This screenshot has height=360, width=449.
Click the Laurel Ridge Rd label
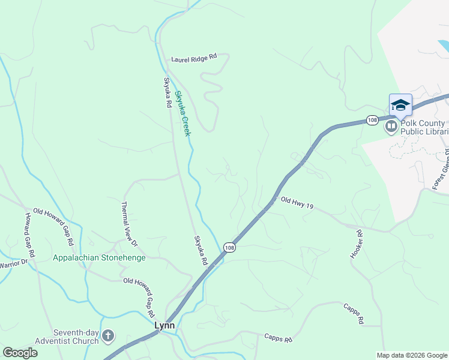pos(193,59)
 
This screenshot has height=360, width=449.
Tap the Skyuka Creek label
pos(182,113)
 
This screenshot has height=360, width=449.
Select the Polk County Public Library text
pos(424,127)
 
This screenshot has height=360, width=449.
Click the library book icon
pos(391,126)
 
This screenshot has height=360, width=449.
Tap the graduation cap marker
pos(400,106)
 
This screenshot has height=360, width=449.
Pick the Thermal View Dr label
pos(130,223)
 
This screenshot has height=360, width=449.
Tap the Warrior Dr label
pos(13,263)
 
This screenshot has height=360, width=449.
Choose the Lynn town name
pos(164,325)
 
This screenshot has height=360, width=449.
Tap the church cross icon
pos(108,336)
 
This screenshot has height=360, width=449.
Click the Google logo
pos(20,352)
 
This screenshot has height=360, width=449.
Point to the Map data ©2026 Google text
pos(411,355)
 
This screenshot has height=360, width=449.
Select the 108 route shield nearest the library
pos(372,120)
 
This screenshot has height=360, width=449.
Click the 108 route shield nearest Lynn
pos(229,247)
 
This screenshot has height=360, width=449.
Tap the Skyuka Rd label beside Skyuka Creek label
pos(167,92)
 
